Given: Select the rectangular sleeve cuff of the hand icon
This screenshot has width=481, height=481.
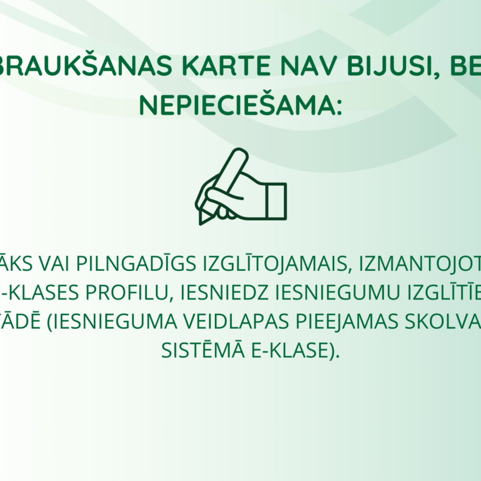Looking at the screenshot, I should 277,201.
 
